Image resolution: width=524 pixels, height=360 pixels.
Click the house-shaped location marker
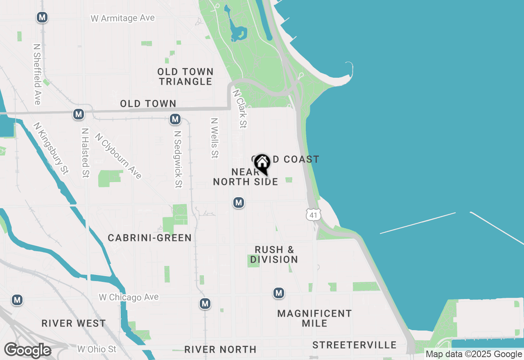(262, 164)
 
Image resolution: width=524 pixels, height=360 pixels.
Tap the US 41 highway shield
(313, 214)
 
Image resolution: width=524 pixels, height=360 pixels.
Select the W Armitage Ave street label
(122, 18)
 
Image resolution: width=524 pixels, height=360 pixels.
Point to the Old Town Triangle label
(185, 76)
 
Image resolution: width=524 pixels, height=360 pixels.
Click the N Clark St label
(240, 109)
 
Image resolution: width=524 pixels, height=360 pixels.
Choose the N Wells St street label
(214, 138)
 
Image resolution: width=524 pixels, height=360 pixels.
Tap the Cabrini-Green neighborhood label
(149, 238)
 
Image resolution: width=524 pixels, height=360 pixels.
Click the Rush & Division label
(274, 254)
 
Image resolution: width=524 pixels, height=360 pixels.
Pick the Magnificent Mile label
(314, 318)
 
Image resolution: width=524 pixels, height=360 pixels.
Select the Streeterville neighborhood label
(355, 345)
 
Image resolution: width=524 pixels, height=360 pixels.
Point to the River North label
(220, 349)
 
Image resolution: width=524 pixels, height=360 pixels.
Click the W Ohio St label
(97, 349)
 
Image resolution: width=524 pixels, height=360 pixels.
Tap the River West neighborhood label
(74, 323)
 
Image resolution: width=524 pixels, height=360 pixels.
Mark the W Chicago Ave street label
(129, 297)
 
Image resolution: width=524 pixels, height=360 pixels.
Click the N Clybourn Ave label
(118, 156)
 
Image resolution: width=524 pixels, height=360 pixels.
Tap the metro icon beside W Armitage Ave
(42, 17)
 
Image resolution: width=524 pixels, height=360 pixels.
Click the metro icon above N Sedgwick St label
(175, 119)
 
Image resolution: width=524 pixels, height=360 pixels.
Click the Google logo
(27, 350)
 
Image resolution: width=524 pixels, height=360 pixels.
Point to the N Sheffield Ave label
(37, 74)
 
